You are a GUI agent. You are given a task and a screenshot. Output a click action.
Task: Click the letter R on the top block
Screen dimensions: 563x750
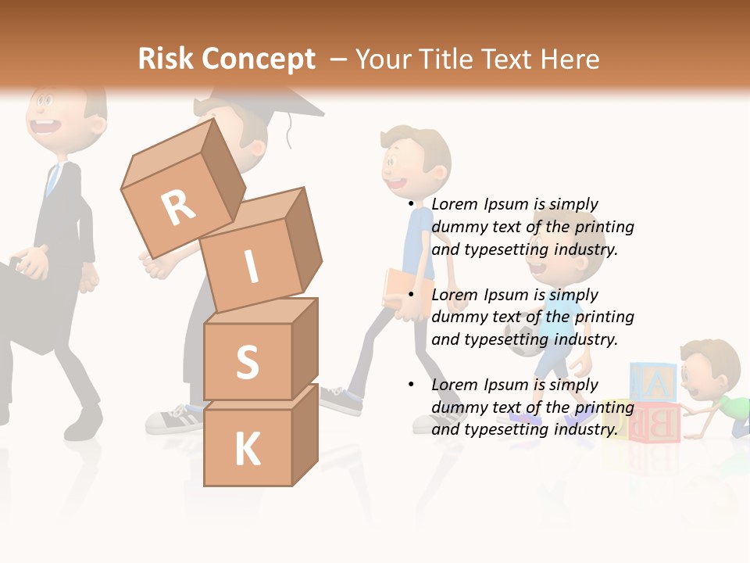[178, 207]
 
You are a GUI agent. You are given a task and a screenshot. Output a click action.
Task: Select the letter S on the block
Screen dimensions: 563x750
[247, 362]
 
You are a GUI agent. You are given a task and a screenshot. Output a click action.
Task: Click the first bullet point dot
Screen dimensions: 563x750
[411, 205]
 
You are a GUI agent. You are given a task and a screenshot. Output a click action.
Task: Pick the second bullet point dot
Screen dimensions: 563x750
[411, 295]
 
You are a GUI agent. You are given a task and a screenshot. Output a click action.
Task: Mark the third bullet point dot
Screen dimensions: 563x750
[411, 385]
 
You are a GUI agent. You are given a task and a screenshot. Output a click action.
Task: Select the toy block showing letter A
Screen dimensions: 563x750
[653, 384]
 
